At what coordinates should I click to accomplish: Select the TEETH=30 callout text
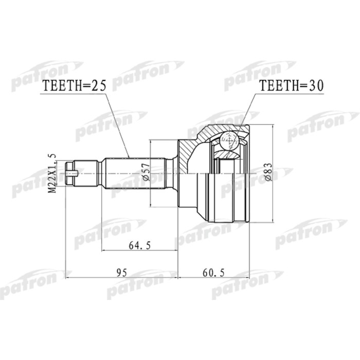291,86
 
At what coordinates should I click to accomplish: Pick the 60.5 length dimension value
212,271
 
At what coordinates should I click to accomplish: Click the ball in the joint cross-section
228,140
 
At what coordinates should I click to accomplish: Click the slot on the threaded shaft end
75,173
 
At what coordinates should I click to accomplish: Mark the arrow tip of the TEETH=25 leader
128,157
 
